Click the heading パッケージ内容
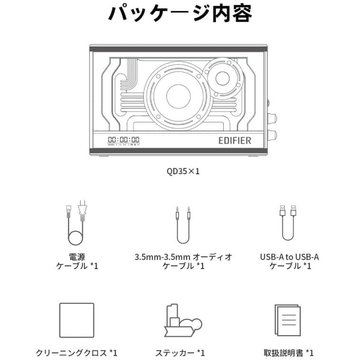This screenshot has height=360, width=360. coord(180,14)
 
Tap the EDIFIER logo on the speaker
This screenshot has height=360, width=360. coord(234,140)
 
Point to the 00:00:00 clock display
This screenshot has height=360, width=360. coord(124,140)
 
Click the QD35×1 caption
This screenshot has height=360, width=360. coord(180,171)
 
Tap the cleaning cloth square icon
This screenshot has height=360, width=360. coord(77,320)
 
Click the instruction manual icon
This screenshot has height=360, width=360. coord(288,320)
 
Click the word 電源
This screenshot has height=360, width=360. coord(76,257)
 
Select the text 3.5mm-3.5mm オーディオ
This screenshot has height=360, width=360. coord(183,257)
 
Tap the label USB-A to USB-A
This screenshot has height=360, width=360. coord(289,257)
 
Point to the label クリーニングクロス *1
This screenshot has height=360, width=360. coord(76,353)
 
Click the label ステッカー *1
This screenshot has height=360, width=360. coord(180,353)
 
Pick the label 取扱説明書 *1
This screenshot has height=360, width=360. coord(288,353)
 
